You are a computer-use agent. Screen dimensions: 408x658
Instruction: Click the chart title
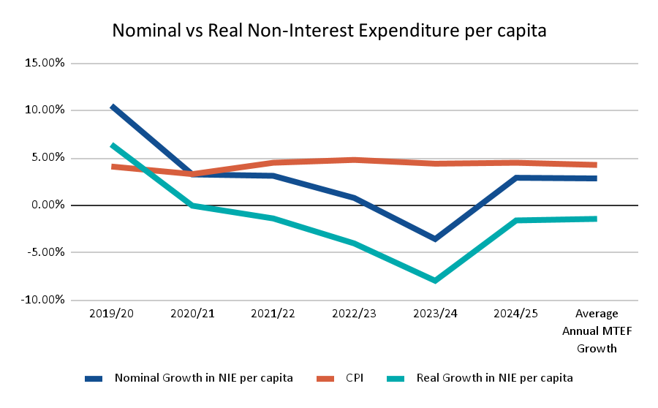(329, 31)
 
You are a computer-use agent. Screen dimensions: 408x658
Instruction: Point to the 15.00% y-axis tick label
(45, 63)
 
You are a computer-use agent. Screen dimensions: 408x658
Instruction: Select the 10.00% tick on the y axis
(45, 110)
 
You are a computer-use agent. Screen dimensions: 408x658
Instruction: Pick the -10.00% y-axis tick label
(44, 300)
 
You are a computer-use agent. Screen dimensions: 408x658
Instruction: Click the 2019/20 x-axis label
(111, 314)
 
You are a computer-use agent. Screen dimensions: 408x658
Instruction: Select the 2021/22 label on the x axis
(273, 314)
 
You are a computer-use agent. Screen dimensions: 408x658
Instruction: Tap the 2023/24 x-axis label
(435, 314)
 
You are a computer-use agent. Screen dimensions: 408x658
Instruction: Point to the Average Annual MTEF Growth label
(597, 330)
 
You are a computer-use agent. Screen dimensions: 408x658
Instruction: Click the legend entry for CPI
(354, 378)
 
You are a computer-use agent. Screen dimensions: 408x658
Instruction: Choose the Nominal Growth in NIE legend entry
(203, 378)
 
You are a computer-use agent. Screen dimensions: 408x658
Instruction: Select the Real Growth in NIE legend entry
(494, 378)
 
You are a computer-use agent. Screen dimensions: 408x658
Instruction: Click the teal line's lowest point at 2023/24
(435, 281)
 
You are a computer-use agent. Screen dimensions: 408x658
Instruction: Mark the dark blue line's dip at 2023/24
(435, 239)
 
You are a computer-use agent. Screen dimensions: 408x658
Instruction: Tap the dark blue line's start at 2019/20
(112, 107)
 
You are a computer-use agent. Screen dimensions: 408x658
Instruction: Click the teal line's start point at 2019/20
(112, 145)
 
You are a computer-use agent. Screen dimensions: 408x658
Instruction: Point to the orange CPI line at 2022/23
(354, 159)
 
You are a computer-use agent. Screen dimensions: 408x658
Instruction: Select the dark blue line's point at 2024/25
(516, 178)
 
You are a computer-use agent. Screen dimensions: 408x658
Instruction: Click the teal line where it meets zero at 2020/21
(192, 205)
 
